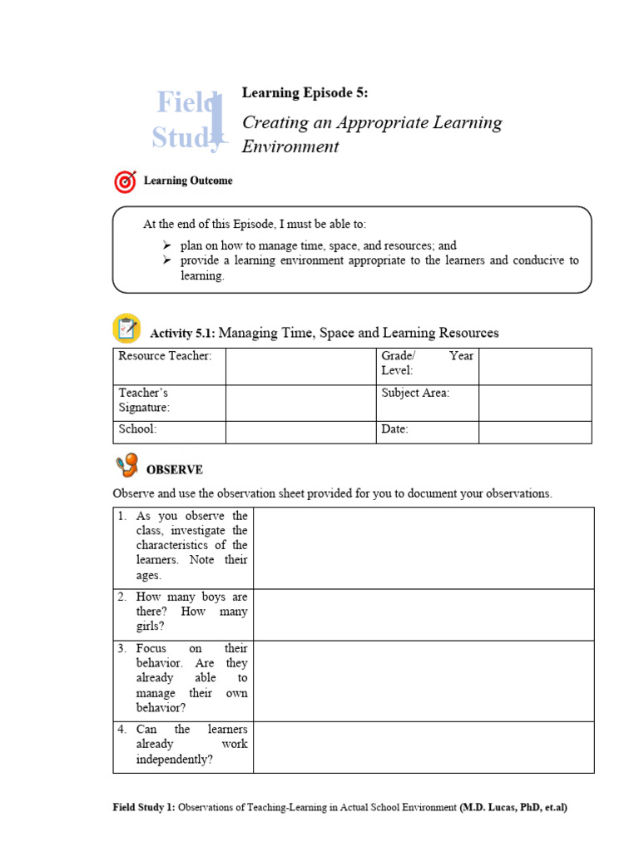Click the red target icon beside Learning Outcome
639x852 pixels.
[125, 181]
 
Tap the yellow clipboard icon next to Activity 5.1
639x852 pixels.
[126, 329]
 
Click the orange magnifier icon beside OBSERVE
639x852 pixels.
[126, 466]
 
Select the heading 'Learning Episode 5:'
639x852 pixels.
[304, 92]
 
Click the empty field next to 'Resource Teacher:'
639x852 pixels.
[300, 366]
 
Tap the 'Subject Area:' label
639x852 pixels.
[415, 393]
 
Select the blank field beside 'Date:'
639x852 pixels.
[535, 431]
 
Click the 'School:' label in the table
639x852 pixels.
[138, 429]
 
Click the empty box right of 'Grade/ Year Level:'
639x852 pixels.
[535, 366]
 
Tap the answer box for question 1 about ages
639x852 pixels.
[424, 548]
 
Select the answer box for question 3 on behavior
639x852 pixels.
[424, 681]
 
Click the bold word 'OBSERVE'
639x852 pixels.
[175, 470]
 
